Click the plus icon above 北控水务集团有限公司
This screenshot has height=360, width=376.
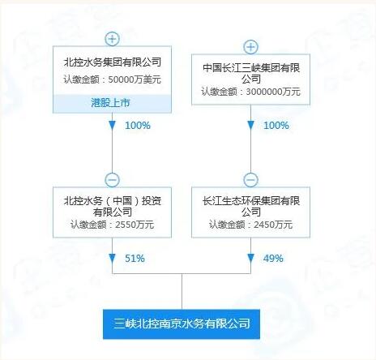[x=113, y=39]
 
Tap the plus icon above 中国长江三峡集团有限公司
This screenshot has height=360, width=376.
[x=251, y=47]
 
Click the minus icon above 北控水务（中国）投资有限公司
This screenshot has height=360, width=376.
[x=113, y=180]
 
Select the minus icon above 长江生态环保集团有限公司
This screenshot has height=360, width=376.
[x=251, y=180]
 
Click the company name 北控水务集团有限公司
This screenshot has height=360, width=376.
[x=113, y=62]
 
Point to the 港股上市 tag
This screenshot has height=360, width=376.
[x=110, y=103]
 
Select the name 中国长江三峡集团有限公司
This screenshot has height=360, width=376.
[x=251, y=73]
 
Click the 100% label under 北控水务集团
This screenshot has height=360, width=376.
[x=138, y=126]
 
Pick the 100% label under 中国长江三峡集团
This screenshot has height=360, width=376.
[x=276, y=126]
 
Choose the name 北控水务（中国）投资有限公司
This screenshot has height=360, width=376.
[x=113, y=206]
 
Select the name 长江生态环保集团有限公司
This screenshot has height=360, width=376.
[x=251, y=206]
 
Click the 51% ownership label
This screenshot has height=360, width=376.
[x=135, y=259]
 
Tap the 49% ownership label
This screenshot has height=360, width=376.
[x=273, y=259]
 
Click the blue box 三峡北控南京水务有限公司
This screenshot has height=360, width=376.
[x=182, y=324]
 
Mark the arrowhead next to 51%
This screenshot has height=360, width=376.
[x=113, y=259]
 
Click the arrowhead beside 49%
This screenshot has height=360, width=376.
[x=251, y=259]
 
